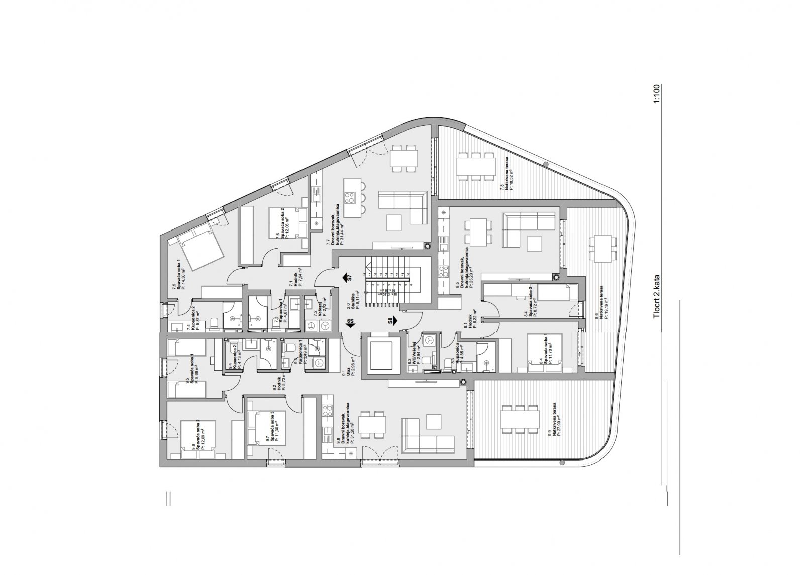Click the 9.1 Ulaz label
pyautogui.click(x=348, y=366)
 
